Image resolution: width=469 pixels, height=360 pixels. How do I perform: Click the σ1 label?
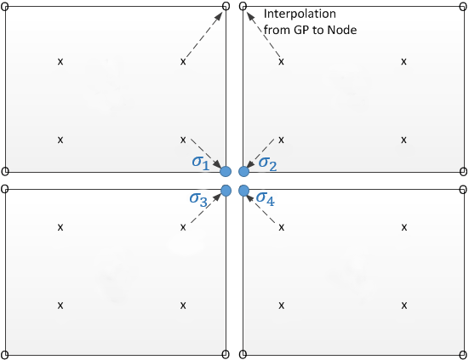click(201, 163)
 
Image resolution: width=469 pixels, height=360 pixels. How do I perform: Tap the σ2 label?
click(268, 163)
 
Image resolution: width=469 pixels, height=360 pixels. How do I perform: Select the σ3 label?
click(198, 199)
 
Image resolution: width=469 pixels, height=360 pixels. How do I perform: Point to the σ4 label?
click(266, 198)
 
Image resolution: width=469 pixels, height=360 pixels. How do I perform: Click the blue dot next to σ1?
click(226, 172)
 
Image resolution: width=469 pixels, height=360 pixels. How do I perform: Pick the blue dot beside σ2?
click(243, 172)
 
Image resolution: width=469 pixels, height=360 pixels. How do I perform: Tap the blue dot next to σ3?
click(226, 190)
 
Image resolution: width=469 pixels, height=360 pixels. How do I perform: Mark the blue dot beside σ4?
click(244, 191)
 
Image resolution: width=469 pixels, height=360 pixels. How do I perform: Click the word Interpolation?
click(300, 14)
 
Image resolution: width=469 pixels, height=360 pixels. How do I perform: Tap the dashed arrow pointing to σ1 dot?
click(207, 154)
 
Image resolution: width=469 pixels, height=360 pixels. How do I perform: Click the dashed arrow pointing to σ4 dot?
click(260, 209)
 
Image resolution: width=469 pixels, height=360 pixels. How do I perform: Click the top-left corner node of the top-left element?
click(5, 6)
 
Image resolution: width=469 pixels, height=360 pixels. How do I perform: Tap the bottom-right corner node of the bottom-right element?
click(463, 355)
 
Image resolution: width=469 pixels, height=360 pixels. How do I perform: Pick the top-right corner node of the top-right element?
click(463, 6)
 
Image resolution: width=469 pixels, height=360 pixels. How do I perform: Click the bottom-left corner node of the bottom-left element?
click(5, 355)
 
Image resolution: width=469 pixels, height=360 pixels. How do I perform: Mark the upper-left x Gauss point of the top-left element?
click(60, 61)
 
